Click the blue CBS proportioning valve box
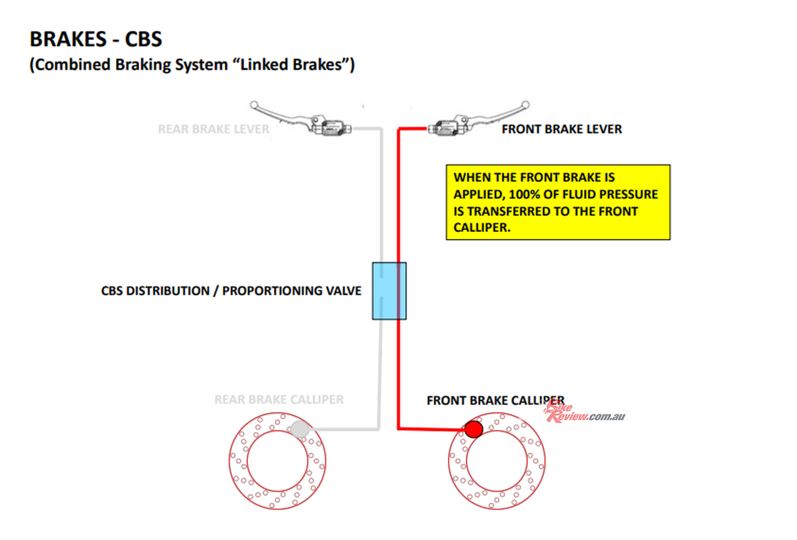pyautogui.click(x=389, y=290)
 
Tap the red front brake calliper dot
pyautogui.click(x=473, y=429)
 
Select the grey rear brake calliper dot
pyautogui.click(x=299, y=429)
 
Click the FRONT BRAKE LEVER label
pyautogui.click(x=561, y=129)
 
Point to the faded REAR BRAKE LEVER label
pyautogui.click(x=213, y=129)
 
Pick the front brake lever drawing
pyautogui.click(x=477, y=120)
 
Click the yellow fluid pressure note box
pyautogui.click(x=558, y=202)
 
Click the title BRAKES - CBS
pyautogui.click(x=96, y=39)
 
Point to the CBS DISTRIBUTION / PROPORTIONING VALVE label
pyautogui.click(x=231, y=290)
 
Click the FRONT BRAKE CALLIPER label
pyautogui.click(x=495, y=400)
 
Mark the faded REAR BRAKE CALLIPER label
pyautogui.click(x=279, y=399)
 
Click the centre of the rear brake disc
pyautogui.click(x=277, y=461)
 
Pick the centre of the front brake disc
pyautogui.click(x=496, y=461)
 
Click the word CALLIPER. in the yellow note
pyautogui.click(x=482, y=227)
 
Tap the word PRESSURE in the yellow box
pyautogui.click(x=628, y=194)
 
